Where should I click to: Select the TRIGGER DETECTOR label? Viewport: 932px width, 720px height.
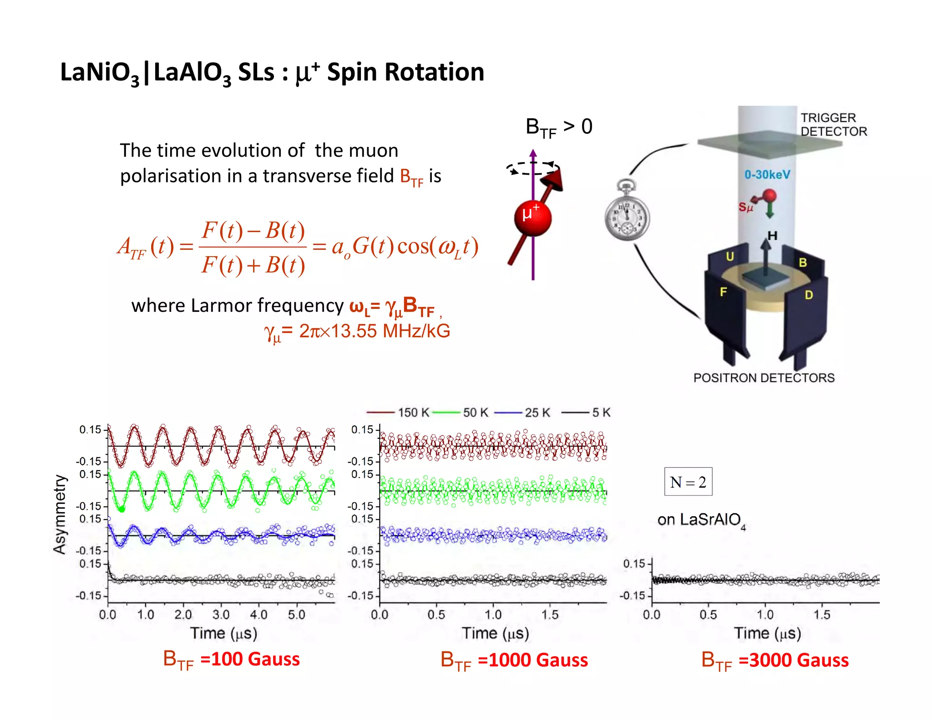833,125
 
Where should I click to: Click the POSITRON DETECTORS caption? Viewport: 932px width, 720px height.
764,378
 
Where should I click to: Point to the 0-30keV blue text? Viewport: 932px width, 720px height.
767,174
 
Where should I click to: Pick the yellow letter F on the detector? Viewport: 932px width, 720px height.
723,292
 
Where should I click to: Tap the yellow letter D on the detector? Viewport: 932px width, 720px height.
808,295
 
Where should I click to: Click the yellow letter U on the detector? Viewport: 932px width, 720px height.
730,257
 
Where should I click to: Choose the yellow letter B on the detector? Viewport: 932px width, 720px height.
803,263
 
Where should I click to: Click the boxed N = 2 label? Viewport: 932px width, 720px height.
688,482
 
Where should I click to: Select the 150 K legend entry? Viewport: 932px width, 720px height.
398,412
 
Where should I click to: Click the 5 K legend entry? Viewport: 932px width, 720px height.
587,412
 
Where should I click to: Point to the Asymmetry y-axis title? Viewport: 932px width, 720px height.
60,514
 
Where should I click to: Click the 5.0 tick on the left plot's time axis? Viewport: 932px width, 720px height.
296,615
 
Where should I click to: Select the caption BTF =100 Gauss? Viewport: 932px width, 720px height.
232,659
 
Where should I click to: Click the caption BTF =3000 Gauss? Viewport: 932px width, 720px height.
775,660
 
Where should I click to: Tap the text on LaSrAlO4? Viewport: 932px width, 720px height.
701,520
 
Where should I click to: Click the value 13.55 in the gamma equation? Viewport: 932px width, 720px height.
354,331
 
